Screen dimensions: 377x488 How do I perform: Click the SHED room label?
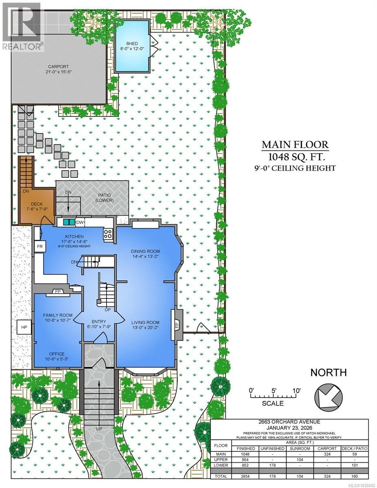coord(132,44)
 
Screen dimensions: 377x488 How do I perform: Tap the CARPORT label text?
coord(59,66)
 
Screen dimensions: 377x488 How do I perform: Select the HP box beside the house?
coord(24,327)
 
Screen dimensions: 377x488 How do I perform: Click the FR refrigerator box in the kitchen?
coord(40,246)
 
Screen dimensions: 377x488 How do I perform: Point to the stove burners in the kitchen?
coord(108,233)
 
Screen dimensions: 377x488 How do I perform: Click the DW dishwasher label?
coord(80,222)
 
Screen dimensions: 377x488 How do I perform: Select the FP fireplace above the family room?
coord(58,292)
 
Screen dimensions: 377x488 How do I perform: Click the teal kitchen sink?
coord(69,222)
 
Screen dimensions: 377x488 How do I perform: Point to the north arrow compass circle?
coord(329,397)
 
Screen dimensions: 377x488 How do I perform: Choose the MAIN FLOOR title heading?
coord(295,145)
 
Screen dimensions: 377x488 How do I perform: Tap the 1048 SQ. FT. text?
coord(296,157)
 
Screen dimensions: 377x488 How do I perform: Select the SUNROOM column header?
coord(300,449)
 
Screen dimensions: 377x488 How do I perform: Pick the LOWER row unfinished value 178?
coord(272,465)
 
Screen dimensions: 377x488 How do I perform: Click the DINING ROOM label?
coord(145,251)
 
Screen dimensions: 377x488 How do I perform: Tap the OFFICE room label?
coord(57,354)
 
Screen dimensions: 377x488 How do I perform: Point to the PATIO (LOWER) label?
coord(105,198)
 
